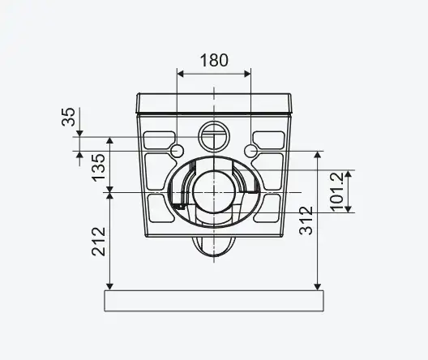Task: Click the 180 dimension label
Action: point(214,60)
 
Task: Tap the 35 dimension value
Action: point(68,117)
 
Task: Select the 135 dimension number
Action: point(98,167)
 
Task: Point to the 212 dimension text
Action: point(98,242)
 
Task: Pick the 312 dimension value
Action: point(306,221)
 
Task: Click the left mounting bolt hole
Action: point(178,151)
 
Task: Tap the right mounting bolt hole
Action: point(250,151)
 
